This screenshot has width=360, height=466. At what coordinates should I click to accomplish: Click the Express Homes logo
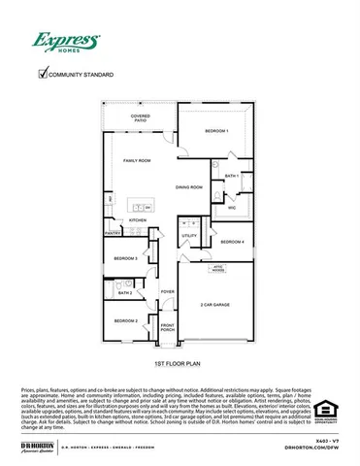pyautogui.click(x=66, y=42)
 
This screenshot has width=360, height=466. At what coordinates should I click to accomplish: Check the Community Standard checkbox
pyautogui.click(x=42, y=72)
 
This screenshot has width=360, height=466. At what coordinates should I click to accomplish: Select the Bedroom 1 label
pyautogui.click(x=216, y=130)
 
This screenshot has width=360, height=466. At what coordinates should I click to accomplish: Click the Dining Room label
pyautogui.click(x=188, y=186)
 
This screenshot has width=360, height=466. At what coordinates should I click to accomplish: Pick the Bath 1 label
pyautogui.click(x=231, y=176)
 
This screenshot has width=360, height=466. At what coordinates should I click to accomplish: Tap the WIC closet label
pyautogui.click(x=232, y=208)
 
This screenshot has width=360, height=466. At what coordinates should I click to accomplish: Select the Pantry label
pyautogui.click(x=112, y=233)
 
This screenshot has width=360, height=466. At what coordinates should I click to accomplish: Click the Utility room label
pyautogui.click(x=188, y=235)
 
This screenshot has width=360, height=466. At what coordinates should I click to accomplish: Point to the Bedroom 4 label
pyautogui.click(x=232, y=241)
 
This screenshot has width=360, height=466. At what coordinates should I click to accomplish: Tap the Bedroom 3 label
pyautogui.click(x=124, y=258)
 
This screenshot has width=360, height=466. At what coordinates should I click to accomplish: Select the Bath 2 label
pyautogui.click(x=124, y=291)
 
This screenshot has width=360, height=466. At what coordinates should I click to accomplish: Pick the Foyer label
pyautogui.click(x=167, y=291)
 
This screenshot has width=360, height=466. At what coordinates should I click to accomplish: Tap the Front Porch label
pyautogui.click(x=167, y=327)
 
